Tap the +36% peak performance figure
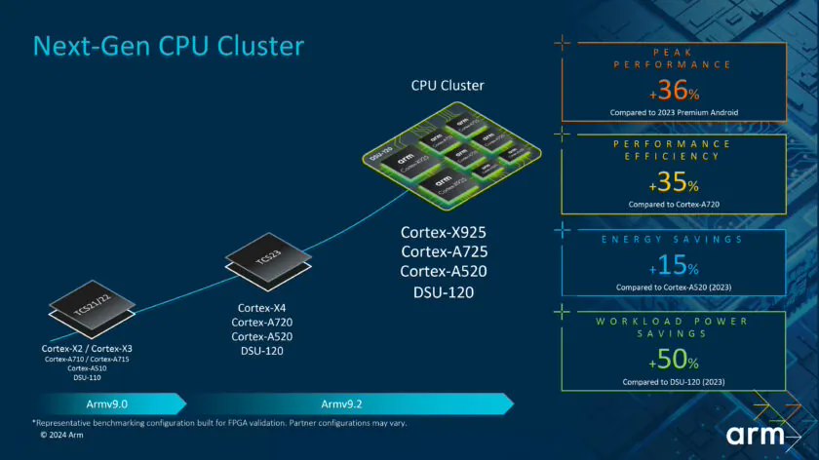point(674,91)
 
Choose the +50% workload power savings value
point(674,359)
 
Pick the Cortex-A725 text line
point(443,251)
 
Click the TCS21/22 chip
point(92,310)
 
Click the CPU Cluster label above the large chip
point(447,86)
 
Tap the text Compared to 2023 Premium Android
point(674,113)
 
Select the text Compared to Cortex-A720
point(674,205)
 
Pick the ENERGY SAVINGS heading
point(674,239)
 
